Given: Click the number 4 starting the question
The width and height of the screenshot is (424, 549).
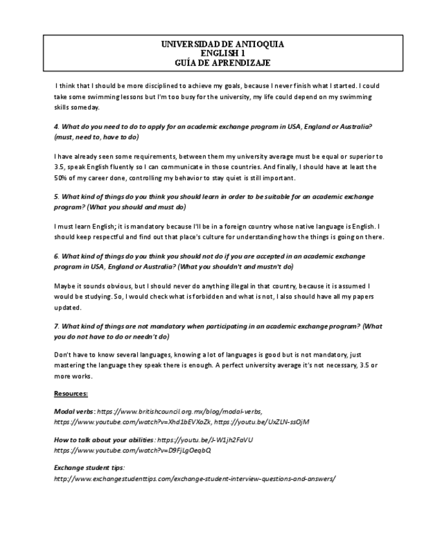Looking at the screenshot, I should (56, 126).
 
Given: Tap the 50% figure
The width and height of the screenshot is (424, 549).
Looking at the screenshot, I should (63, 177).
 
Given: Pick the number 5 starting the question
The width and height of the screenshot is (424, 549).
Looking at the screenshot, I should (56, 197).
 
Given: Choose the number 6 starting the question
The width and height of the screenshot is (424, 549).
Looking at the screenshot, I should (56, 256).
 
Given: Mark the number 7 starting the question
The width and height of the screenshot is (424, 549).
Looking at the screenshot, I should (56, 326).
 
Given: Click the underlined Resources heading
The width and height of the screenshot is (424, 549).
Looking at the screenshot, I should (71, 394).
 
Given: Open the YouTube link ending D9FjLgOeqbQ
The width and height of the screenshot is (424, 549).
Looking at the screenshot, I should (133, 450).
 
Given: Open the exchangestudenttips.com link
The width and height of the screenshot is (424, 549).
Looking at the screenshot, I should (194, 478).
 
